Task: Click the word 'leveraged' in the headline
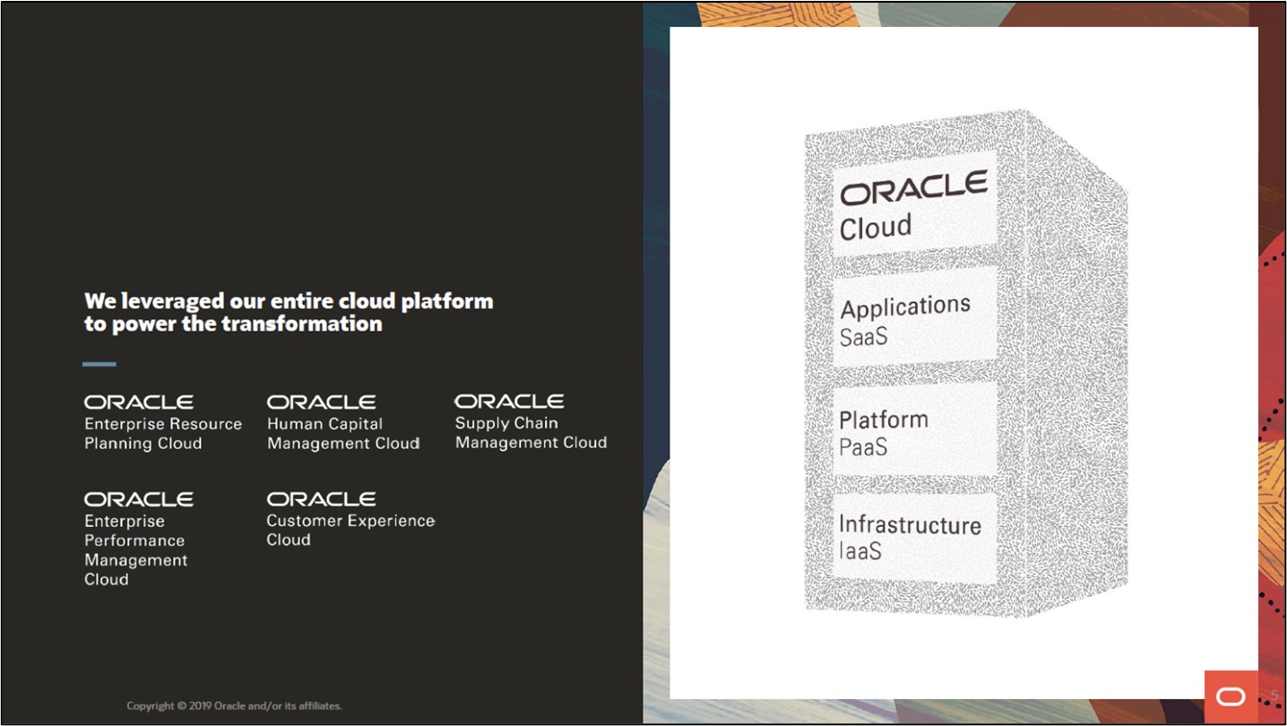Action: [x=172, y=301]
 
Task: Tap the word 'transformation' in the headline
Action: [x=302, y=324]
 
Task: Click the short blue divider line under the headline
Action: [x=99, y=364]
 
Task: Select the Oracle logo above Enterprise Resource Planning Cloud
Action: [x=138, y=402]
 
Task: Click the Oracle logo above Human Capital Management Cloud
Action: [x=321, y=402]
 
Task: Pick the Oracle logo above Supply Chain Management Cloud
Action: [x=509, y=401]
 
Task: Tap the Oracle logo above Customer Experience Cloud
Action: [x=321, y=499]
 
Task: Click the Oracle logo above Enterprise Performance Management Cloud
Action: [x=138, y=499]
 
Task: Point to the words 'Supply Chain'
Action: [x=506, y=423]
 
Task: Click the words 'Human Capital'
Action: [x=324, y=424]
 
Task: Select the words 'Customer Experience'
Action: [x=350, y=521]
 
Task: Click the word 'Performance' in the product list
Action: [x=134, y=540]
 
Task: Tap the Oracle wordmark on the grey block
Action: [x=913, y=187]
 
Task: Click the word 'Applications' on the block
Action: [x=905, y=307]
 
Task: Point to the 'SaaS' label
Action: [x=864, y=337]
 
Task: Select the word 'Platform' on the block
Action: [x=884, y=419]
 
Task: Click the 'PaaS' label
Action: [x=863, y=447]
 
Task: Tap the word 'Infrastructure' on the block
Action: [x=910, y=525]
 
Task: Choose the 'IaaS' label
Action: [x=860, y=551]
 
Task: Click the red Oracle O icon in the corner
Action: [x=1231, y=696]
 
